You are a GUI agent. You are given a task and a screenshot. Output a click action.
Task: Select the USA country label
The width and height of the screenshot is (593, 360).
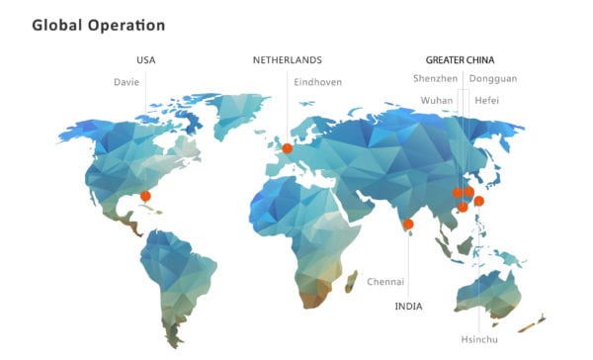(x=145, y=59)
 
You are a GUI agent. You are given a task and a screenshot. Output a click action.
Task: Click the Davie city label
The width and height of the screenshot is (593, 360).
(x=127, y=81)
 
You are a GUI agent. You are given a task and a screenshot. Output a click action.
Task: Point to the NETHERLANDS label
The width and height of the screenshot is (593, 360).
(x=288, y=59)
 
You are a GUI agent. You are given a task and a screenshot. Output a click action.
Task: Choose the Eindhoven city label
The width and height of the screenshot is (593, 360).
(x=318, y=81)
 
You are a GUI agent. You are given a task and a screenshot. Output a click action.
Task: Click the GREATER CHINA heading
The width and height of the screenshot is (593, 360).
(x=460, y=59)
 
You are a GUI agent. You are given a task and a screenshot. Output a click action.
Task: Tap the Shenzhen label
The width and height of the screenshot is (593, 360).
(x=435, y=78)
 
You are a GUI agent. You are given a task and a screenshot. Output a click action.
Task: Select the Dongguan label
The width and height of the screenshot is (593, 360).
(x=492, y=78)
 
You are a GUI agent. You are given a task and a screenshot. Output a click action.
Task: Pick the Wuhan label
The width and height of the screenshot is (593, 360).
(x=437, y=100)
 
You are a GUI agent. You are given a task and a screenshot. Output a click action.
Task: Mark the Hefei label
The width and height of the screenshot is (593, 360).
(x=486, y=100)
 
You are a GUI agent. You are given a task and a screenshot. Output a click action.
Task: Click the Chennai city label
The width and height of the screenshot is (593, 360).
(x=385, y=282)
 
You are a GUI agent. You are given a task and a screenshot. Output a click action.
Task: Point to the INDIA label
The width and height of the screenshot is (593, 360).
(x=408, y=306)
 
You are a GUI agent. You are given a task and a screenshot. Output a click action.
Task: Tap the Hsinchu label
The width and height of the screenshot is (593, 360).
(x=479, y=339)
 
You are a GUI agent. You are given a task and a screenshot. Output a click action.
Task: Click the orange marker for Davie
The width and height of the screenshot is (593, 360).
(x=145, y=196)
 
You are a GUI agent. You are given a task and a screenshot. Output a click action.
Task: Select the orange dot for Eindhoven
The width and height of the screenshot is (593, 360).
(x=287, y=148)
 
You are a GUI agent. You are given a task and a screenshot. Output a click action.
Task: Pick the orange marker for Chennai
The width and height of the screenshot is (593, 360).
(x=408, y=225)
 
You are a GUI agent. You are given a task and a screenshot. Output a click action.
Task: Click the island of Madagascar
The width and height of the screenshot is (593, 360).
(x=350, y=281)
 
